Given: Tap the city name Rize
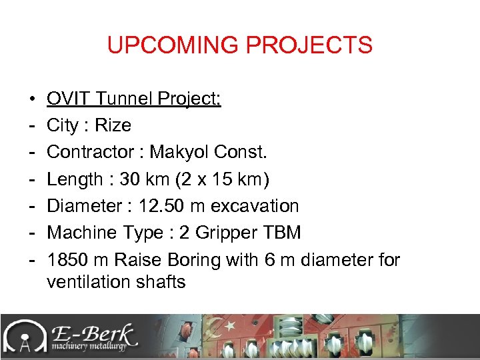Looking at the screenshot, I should click(x=114, y=125).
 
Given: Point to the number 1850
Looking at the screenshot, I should click(x=67, y=260).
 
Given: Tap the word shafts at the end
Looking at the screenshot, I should click(x=161, y=282).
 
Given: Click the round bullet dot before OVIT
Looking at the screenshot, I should click(x=33, y=99).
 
